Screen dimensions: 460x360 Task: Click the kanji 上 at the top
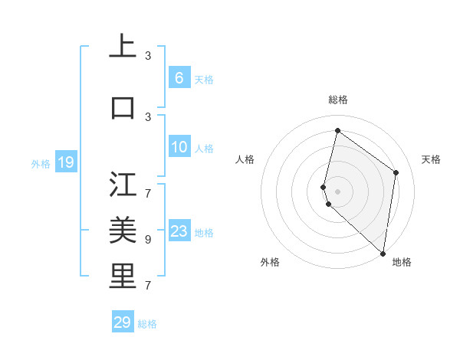(123, 47)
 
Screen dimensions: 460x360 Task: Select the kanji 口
(123, 107)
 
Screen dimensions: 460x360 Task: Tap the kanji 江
(123, 184)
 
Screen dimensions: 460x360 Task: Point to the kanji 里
(123, 277)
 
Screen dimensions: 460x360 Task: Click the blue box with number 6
(179, 77)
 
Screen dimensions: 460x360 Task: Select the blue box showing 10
(179, 147)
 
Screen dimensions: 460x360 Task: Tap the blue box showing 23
(179, 231)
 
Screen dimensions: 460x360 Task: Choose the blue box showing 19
(65, 162)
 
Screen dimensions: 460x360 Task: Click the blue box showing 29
(123, 322)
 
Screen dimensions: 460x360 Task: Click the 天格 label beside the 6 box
(203, 80)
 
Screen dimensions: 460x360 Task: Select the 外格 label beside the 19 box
(41, 163)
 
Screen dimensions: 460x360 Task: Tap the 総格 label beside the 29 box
(147, 324)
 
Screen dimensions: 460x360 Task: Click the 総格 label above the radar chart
(338, 100)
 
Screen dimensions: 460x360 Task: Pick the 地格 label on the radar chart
(402, 262)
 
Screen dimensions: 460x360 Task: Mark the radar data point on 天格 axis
(396, 172)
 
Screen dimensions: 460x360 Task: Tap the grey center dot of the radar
(337, 191)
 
